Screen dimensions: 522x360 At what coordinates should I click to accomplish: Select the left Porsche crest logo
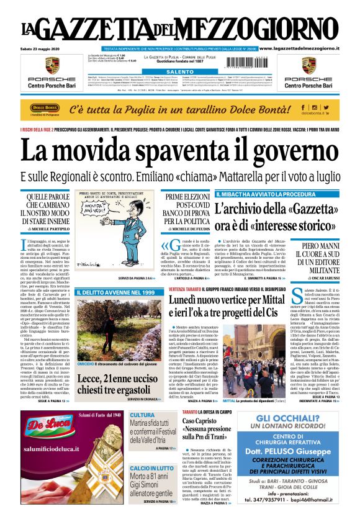52,65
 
